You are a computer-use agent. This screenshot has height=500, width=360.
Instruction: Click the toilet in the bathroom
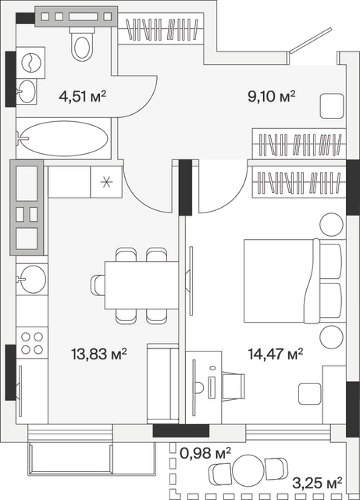click(82, 44)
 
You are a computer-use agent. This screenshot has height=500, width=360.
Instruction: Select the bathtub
click(63, 138)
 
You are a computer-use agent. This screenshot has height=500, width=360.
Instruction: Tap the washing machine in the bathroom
click(30, 62)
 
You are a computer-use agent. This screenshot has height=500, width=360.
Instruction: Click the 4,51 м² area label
click(82, 96)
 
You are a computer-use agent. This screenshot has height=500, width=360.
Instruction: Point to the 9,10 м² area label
click(271, 96)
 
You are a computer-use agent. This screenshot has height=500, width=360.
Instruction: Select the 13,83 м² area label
click(99, 354)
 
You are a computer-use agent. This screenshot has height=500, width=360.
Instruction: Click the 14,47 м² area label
click(276, 354)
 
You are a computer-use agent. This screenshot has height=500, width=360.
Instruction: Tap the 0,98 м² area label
click(205, 453)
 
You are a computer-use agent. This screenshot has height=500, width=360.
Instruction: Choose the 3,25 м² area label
click(317, 484)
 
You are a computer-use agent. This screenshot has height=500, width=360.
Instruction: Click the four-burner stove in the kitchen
click(32, 343)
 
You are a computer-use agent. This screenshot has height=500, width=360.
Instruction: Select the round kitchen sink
click(31, 279)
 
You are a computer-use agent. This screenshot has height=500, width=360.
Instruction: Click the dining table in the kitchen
click(141, 285)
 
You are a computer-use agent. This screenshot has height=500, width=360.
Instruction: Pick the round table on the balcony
click(248, 470)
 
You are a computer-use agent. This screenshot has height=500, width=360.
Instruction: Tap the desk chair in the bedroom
click(233, 387)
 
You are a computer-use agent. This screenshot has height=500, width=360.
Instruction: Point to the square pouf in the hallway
click(332, 106)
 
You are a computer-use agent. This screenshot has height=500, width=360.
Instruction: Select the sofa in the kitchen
click(162, 384)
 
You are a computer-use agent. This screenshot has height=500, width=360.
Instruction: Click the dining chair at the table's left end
click(98, 284)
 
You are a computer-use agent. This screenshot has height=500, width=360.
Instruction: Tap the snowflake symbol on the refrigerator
click(106, 182)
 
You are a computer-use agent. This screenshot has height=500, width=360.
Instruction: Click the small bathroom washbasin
click(26, 91)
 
